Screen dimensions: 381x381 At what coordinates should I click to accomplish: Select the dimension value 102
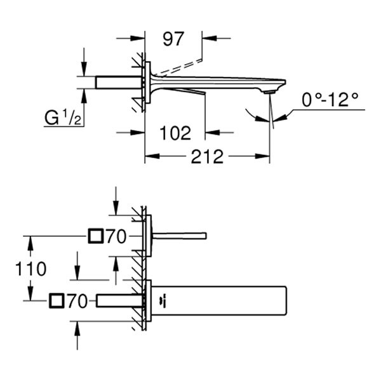pos(175,133)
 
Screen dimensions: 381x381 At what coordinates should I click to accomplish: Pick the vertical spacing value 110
pos(31,269)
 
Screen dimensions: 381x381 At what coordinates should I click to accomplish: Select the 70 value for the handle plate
pos(116,237)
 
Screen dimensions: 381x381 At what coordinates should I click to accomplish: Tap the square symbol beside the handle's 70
pos(95,237)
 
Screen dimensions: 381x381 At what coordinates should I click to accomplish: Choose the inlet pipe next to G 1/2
pos(118,82)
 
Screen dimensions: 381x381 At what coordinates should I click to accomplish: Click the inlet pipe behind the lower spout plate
pos(119,301)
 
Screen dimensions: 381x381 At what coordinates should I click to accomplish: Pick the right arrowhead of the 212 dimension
pos(265,156)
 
